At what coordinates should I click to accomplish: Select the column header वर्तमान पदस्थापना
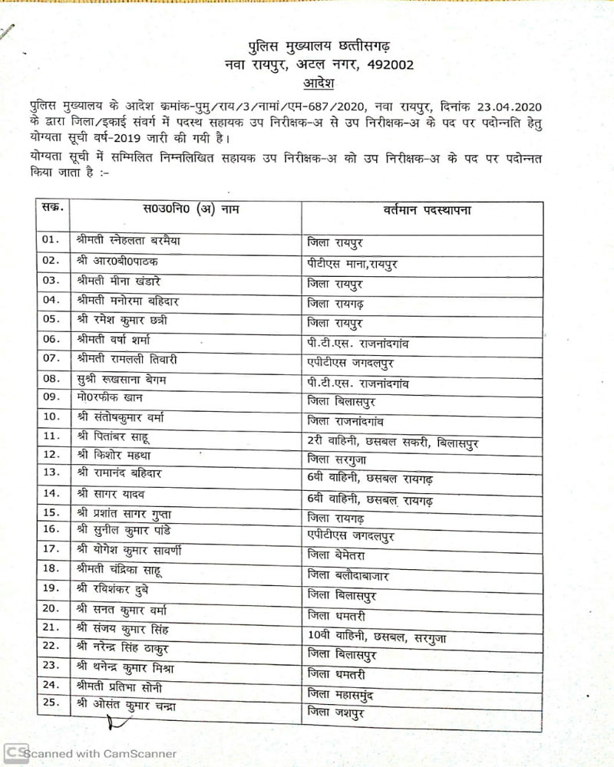tap(427, 209)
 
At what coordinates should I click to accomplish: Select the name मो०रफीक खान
tap(111, 398)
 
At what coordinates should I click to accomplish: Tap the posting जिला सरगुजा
tap(342, 458)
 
